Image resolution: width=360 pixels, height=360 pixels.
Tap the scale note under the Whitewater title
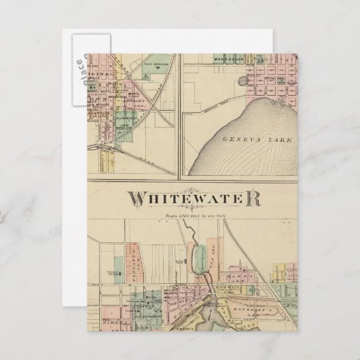point(193,217)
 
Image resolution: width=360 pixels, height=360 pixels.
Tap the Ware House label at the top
point(221,56)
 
